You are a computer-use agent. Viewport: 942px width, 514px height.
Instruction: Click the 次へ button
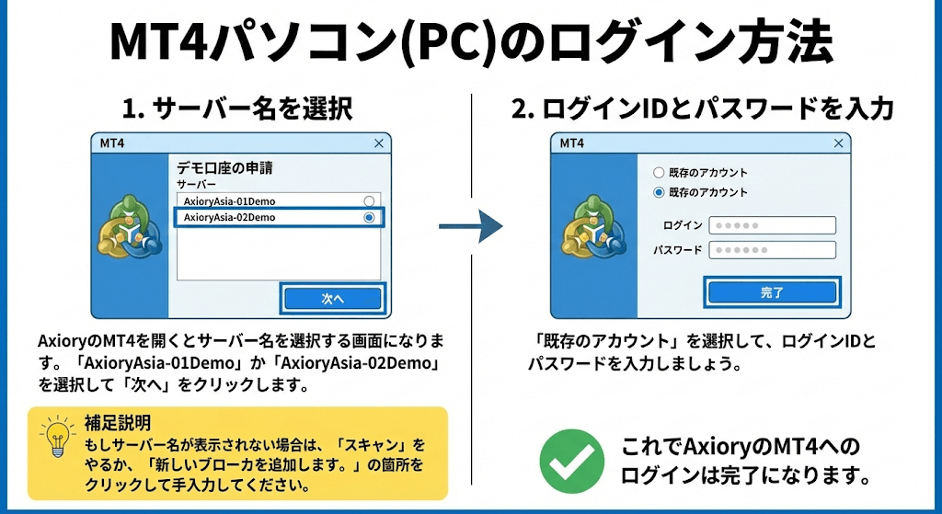pos(332,299)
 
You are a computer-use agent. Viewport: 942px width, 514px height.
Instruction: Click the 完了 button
pos(772,292)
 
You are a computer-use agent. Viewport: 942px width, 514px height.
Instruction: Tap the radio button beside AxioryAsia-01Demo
pos(369,200)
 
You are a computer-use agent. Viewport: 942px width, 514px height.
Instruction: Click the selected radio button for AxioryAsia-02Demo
pos(369,218)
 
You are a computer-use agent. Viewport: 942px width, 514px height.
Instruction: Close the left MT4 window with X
pos(379,143)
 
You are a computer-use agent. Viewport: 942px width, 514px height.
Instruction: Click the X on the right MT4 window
pos(838,143)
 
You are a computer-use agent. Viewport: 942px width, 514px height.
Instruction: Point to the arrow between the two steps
pos(470,224)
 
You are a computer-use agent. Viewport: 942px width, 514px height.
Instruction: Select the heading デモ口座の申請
pos(225,168)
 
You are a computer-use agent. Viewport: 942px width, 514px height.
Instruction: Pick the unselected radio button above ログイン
pos(658,172)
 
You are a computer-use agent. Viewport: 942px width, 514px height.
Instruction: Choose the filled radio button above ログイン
pos(658,193)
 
